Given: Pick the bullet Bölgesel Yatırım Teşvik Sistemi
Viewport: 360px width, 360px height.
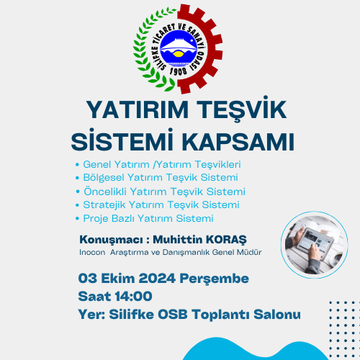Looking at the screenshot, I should pos(161,178).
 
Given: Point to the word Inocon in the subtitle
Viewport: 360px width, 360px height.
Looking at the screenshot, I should pos(92,252).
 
